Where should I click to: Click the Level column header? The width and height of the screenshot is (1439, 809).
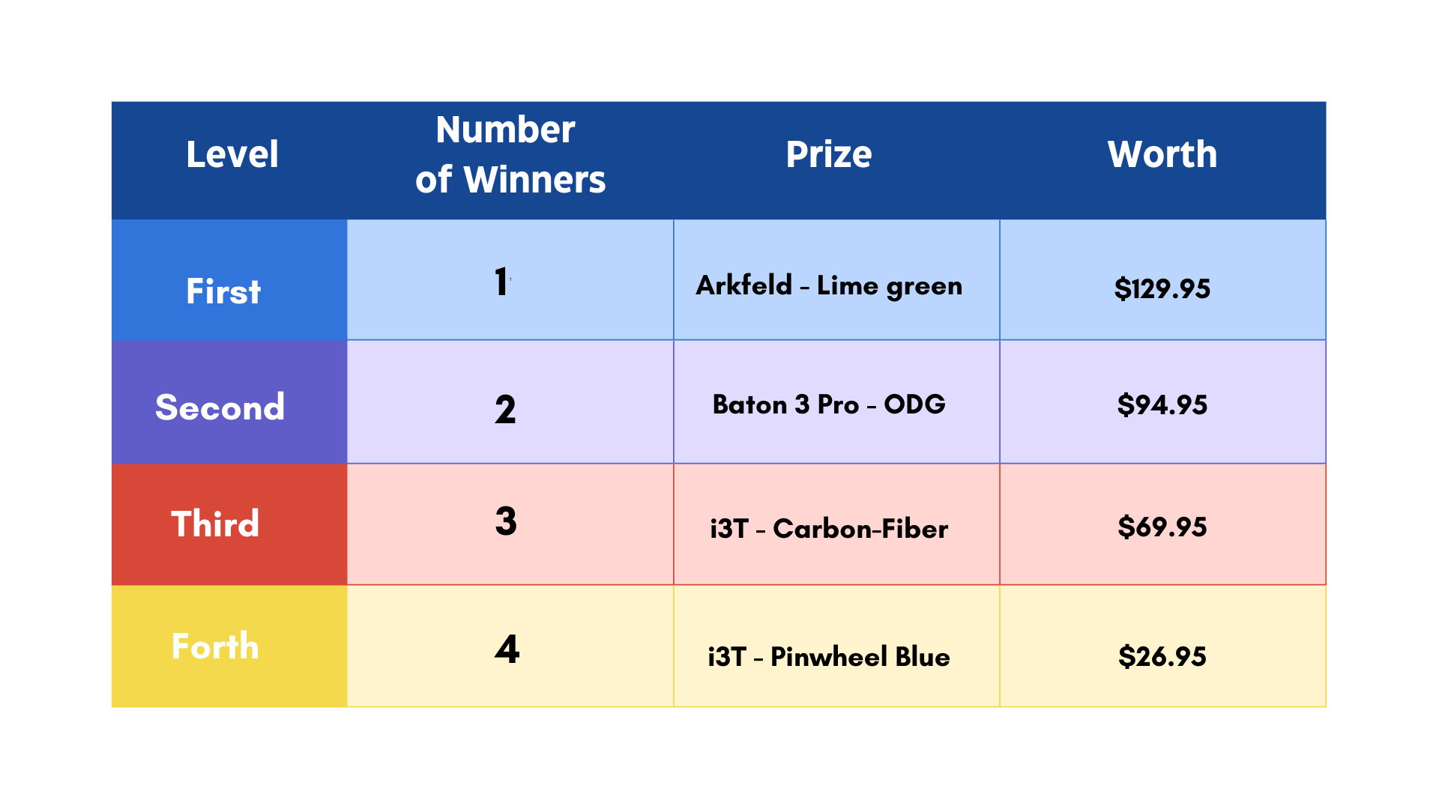pyautogui.click(x=232, y=154)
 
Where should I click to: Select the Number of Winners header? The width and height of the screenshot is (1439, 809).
pyautogui.click(x=510, y=154)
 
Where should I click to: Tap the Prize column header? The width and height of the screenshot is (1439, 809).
pyautogui.click(x=829, y=154)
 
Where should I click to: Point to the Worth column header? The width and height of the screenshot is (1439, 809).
pyautogui.click(x=1162, y=154)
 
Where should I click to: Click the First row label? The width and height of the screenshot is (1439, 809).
pyautogui.click(x=223, y=291)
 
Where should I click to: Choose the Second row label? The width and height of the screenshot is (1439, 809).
pyautogui.click(x=220, y=407)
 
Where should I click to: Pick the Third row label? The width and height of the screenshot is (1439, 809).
pyautogui.click(x=215, y=523)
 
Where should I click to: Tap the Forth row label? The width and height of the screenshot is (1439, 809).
pyautogui.click(x=215, y=646)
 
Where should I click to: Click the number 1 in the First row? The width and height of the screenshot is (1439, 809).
pyautogui.click(x=501, y=282)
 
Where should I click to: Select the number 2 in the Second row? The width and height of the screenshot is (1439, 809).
pyautogui.click(x=505, y=410)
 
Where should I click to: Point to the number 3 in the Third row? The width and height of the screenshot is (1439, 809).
pyautogui.click(x=506, y=521)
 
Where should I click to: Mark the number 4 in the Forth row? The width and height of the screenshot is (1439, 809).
pyautogui.click(x=507, y=649)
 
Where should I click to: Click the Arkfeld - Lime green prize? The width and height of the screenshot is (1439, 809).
pyautogui.click(x=829, y=285)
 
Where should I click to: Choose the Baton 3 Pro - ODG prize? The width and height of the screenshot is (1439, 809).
pyautogui.click(x=829, y=404)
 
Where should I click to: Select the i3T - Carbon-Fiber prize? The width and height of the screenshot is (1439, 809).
pyautogui.click(x=829, y=528)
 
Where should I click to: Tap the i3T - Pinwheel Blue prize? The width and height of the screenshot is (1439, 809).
pyautogui.click(x=829, y=656)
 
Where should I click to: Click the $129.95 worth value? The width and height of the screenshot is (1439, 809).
pyautogui.click(x=1162, y=288)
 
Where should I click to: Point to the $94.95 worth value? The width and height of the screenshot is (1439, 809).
pyautogui.click(x=1162, y=404)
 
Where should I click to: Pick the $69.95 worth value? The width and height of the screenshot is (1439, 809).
pyautogui.click(x=1162, y=527)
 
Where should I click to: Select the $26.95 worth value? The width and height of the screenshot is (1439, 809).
pyautogui.click(x=1162, y=656)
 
